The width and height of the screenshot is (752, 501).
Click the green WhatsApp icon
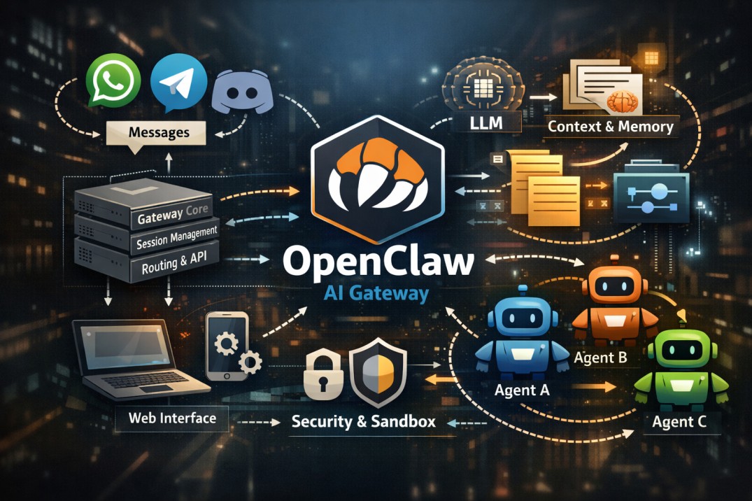click(x=113, y=80)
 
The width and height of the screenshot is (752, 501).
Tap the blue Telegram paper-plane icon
click(x=178, y=83)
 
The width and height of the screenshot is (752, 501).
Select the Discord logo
click(x=242, y=92)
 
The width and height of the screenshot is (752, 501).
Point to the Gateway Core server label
click(x=173, y=213)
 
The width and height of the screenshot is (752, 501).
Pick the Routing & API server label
click(x=174, y=262)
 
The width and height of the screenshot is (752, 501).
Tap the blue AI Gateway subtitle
click(x=376, y=293)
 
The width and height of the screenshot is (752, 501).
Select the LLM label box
click(x=486, y=122)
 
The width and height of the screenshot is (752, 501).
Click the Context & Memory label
click(x=611, y=126)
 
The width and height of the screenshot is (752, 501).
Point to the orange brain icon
click(x=623, y=101)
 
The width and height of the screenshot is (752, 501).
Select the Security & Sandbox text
click(x=364, y=421)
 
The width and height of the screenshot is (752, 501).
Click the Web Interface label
click(x=172, y=418)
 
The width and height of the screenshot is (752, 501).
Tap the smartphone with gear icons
click(x=231, y=346)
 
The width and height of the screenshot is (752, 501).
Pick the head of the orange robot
click(x=615, y=285)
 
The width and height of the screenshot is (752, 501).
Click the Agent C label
click(x=679, y=422)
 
